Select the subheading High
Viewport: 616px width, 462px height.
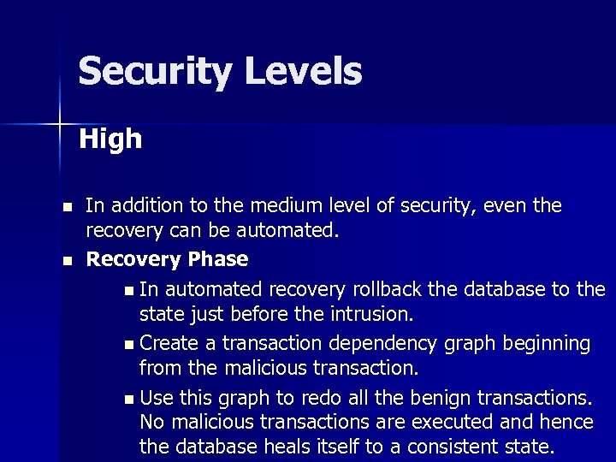[x=110, y=139]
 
